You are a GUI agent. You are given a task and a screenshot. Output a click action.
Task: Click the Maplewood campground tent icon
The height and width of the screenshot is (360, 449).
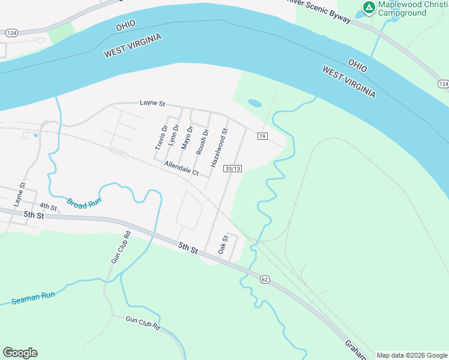[369, 8]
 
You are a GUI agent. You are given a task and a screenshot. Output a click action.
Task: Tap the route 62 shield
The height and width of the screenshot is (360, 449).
[264, 280]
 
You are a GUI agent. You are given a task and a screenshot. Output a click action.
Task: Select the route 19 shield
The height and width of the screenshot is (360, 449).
[262, 136]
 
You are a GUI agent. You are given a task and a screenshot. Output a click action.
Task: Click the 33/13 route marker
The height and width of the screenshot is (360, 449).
[233, 169]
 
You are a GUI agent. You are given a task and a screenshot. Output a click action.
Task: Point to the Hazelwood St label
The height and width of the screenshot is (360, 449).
[220, 148]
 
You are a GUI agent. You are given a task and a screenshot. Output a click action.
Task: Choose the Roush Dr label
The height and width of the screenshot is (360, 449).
[203, 141]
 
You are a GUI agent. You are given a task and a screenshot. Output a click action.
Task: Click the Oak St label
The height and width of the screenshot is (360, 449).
[224, 244]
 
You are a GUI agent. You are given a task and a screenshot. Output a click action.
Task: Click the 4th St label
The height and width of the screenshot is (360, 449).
[49, 207]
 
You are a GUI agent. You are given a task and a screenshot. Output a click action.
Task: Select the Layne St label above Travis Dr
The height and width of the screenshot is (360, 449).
[152, 103]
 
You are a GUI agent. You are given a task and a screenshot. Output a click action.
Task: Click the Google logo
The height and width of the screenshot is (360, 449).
[20, 353]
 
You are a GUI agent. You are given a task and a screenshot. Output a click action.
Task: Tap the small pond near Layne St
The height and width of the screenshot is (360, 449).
[255, 103]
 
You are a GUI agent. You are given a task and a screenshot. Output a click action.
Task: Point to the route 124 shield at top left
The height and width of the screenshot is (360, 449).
[11, 33]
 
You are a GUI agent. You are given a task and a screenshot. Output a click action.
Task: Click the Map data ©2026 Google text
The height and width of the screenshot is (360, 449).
[411, 355]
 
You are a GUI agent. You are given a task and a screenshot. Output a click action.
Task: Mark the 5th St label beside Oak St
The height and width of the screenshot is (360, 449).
[188, 247]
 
